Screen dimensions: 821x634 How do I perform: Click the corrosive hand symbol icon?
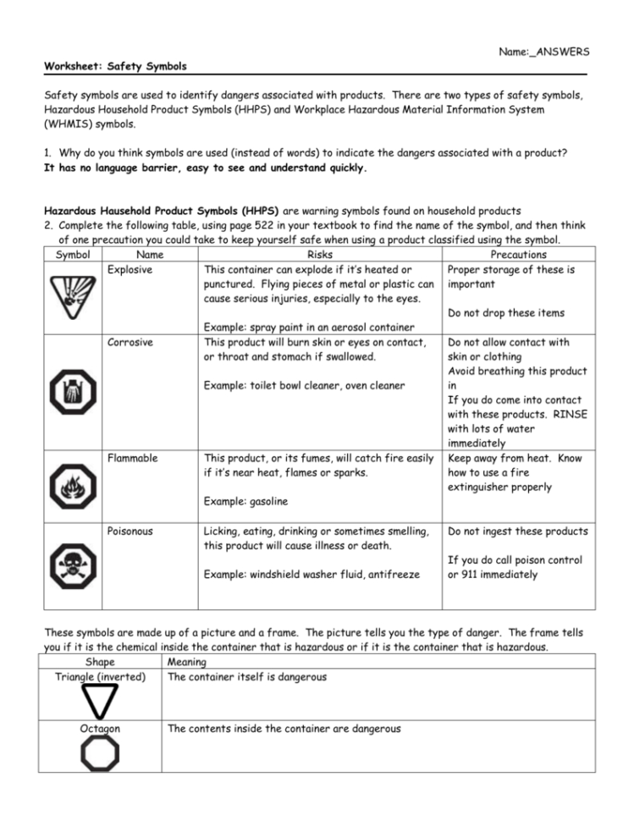[x=72, y=391]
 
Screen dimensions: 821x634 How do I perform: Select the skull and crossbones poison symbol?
[x=72, y=562]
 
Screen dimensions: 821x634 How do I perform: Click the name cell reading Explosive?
[x=130, y=270]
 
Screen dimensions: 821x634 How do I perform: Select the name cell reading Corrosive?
[x=129, y=343]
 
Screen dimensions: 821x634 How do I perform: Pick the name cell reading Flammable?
[x=131, y=459]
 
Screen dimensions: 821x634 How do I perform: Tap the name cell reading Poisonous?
[x=130, y=532]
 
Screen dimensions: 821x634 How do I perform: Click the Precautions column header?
[x=518, y=255]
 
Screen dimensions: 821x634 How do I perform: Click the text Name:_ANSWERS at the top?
[x=544, y=52]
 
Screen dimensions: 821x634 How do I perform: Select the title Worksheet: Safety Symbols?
[x=115, y=66]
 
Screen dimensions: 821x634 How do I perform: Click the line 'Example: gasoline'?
[x=246, y=502]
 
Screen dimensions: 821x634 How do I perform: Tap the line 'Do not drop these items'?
[x=506, y=313]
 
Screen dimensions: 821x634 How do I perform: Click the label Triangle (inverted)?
[x=100, y=677]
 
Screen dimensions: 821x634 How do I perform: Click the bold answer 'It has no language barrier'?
[x=114, y=168]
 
